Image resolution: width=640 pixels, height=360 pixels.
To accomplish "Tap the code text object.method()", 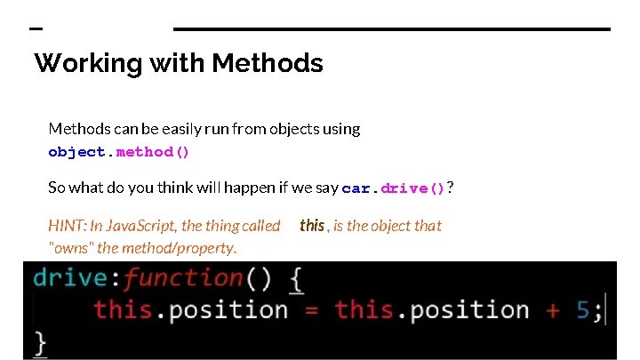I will tap(119, 152).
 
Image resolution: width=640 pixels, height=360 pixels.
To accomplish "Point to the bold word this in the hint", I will tap(312, 226).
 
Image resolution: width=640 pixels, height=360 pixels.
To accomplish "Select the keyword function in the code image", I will tap(183, 277).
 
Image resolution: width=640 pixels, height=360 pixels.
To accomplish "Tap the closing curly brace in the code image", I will tap(39, 342).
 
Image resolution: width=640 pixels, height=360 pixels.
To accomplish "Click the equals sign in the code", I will tap(312, 310).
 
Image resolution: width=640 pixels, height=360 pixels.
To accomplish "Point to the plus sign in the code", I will tap(553, 310).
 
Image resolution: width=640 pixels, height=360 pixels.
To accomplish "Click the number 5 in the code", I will tap(582, 310).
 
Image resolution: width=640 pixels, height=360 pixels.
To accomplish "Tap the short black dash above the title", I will tap(36, 29).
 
